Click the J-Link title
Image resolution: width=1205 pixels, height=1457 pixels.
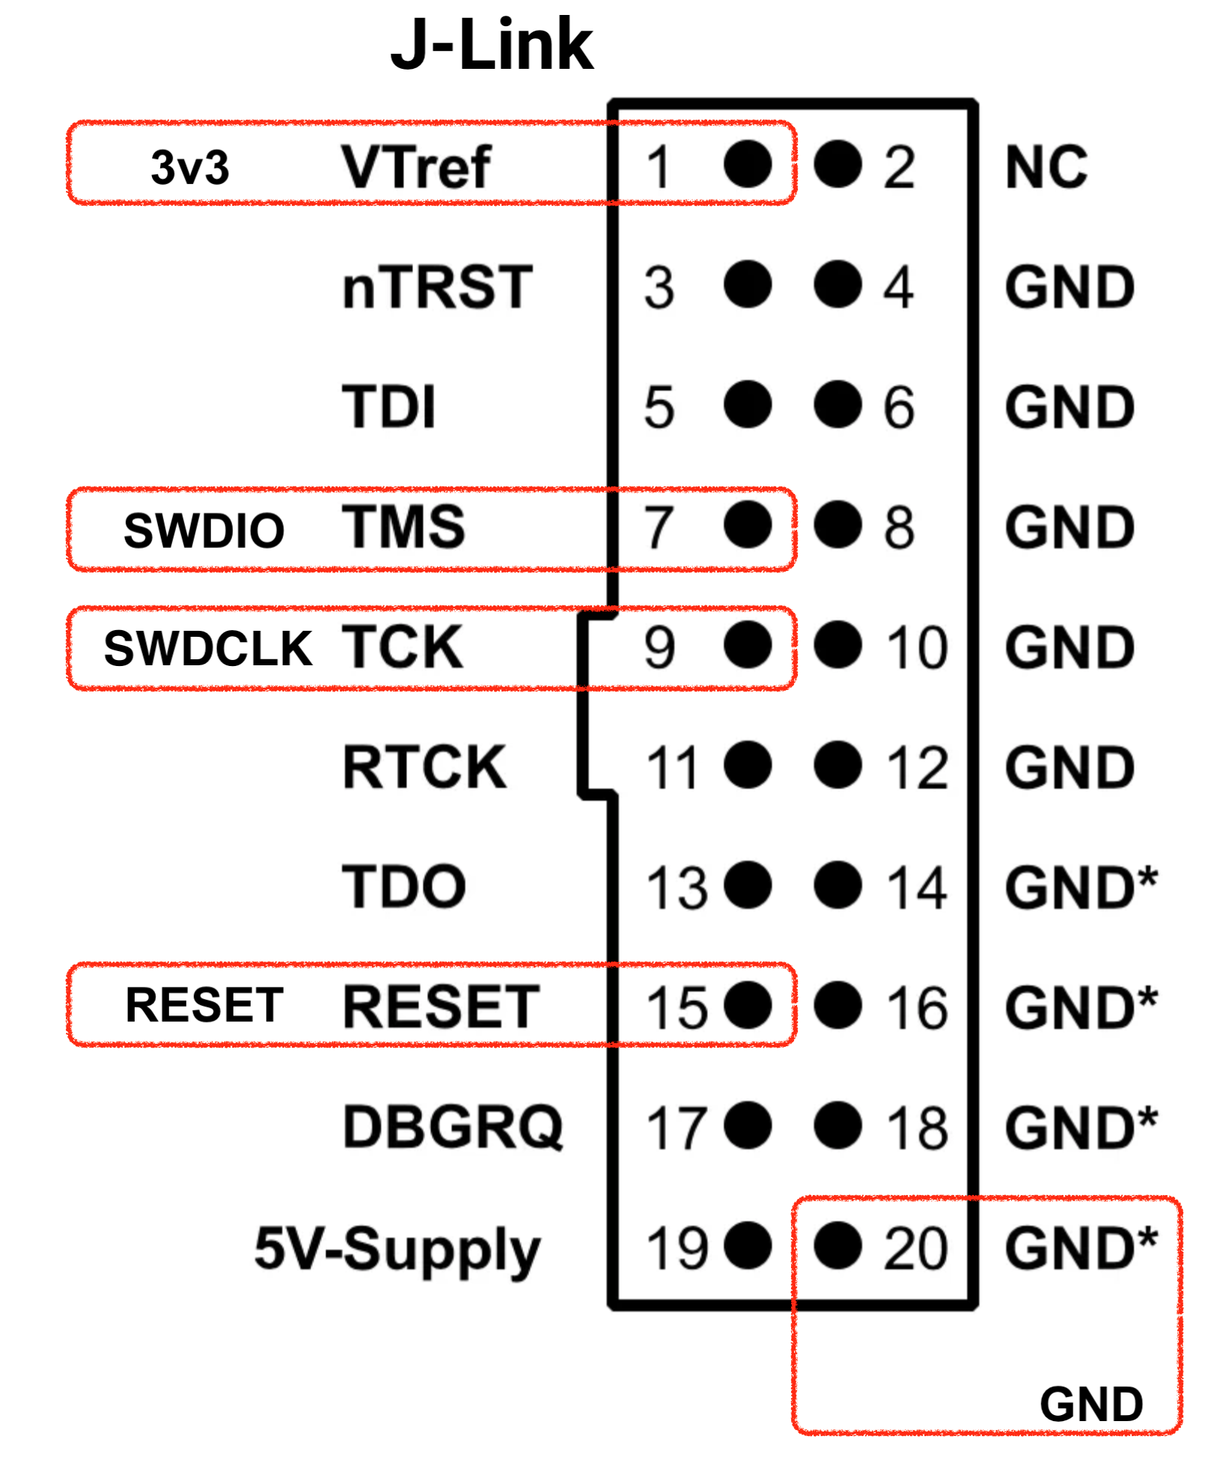click(492, 45)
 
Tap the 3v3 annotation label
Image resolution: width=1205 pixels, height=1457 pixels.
click(189, 167)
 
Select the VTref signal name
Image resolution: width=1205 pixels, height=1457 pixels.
click(416, 167)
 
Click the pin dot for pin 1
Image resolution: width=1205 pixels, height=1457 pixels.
click(748, 164)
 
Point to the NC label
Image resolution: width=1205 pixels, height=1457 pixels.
click(1046, 167)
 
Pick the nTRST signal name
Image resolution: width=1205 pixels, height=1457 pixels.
click(437, 287)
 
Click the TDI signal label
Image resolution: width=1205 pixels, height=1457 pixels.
click(388, 407)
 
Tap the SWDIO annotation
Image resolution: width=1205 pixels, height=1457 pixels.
click(204, 530)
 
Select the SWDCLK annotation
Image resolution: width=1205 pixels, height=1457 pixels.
click(207, 648)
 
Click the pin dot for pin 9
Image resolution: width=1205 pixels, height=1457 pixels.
click(748, 645)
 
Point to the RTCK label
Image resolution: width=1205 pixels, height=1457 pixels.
click(424, 767)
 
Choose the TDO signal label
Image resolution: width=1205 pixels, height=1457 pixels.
click(404, 887)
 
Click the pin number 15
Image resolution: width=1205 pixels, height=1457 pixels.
click(677, 1007)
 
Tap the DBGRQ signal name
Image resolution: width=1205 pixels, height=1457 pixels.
click(452, 1127)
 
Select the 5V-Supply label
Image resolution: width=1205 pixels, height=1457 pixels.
click(397, 1248)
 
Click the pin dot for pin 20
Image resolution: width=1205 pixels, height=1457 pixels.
click(838, 1245)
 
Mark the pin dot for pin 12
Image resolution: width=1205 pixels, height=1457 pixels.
click(838, 765)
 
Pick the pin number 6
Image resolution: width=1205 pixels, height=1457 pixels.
click(898, 407)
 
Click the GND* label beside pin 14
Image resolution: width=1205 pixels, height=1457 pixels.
click(1081, 887)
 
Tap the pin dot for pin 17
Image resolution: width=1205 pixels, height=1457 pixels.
click(748, 1125)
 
